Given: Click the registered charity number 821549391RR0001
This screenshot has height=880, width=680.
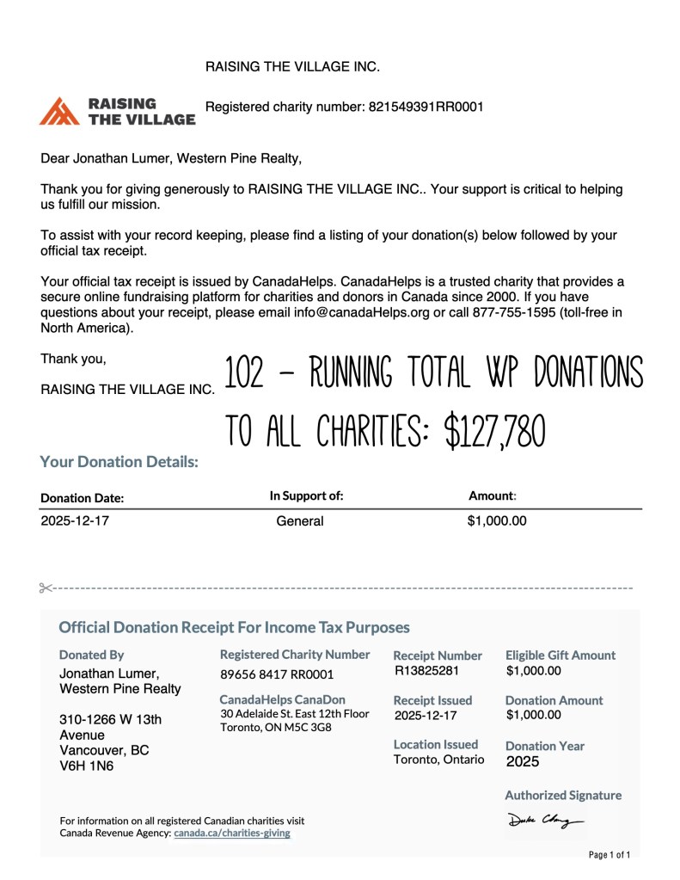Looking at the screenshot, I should point(426,108).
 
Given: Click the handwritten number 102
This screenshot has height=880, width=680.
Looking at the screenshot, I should point(244,373).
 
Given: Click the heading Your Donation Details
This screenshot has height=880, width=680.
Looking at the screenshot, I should point(119,462).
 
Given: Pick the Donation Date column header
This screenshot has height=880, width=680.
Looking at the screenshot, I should point(83,498).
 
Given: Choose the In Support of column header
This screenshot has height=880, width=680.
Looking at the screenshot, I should point(307,495).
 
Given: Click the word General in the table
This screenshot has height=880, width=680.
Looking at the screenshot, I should point(300,521).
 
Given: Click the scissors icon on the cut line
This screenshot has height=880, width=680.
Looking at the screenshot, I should point(46,588).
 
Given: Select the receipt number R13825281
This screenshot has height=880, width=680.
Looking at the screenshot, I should point(426,670).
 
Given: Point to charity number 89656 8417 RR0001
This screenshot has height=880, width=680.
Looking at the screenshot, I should point(277,674).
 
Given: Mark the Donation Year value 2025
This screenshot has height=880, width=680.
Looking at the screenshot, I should point(524,761).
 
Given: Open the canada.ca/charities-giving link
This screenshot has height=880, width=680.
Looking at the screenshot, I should point(232,834).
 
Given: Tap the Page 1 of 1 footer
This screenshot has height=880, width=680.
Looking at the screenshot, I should point(610,855).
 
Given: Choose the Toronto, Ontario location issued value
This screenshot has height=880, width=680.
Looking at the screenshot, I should point(438,760).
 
